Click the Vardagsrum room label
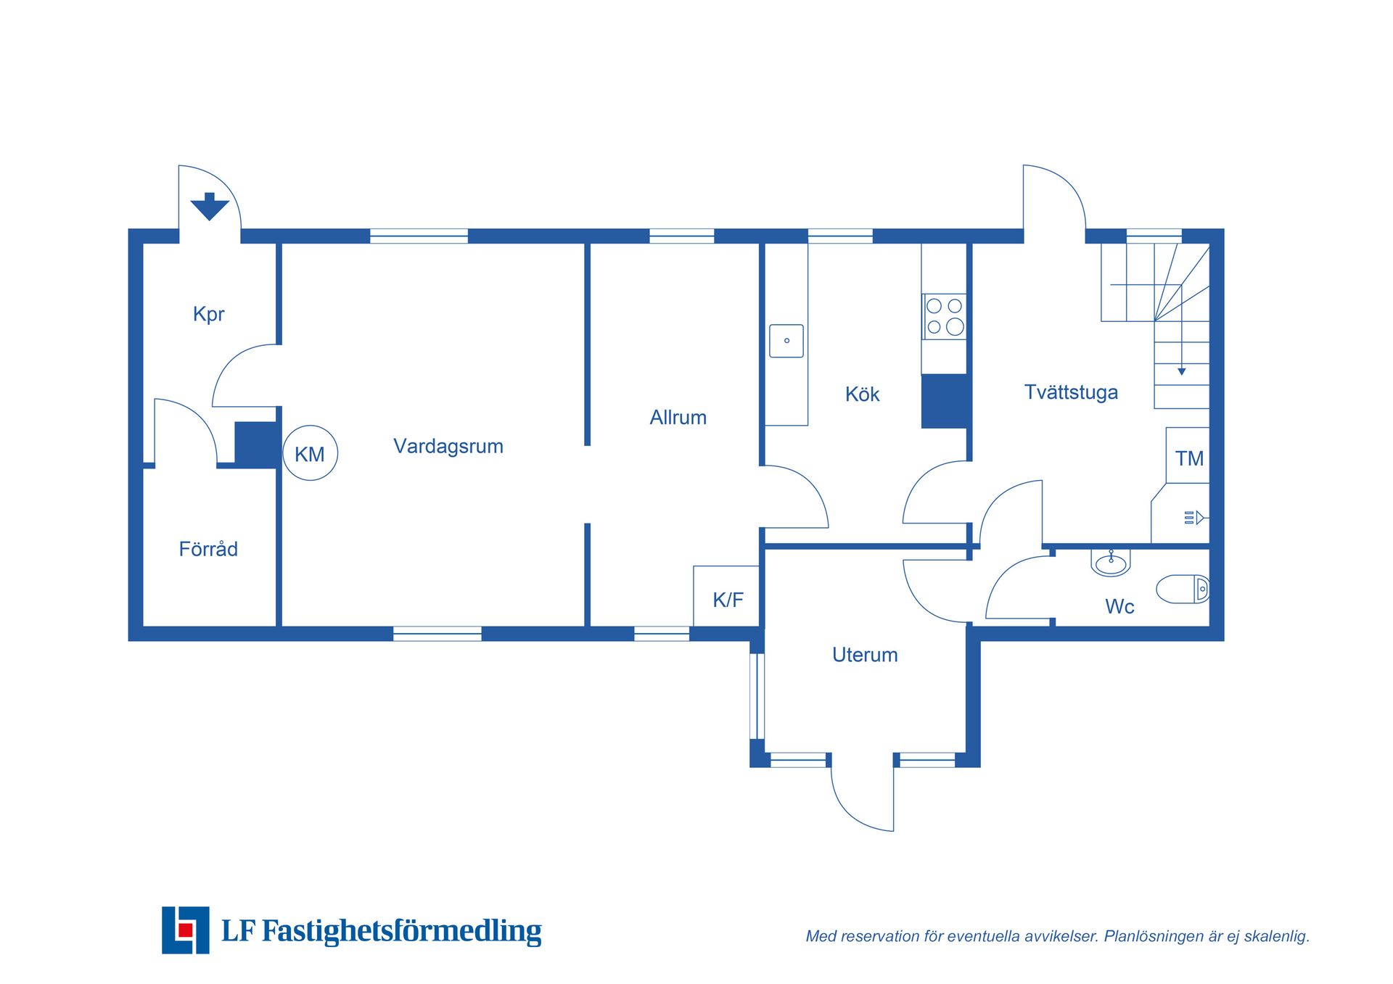pos(448,446)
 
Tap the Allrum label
pos(678,418)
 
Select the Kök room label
pos(862,394)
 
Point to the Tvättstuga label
pos(1071,392)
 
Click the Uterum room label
pos(865,655)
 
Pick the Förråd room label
pos(208,548)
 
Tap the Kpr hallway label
pos(209,314)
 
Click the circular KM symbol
pos(310,453)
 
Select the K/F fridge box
pos(726,596)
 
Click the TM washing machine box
pos(1188,455)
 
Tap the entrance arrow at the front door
pos(210,207)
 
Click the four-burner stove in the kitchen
pos(944,316)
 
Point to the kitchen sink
pos(786,341)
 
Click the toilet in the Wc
pos(1183,590)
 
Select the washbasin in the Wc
pos(1111,562)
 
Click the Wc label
pos(1119,607)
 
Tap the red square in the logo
pos(186,930)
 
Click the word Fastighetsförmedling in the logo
pos(401,931)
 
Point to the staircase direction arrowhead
pos(1182,371)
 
